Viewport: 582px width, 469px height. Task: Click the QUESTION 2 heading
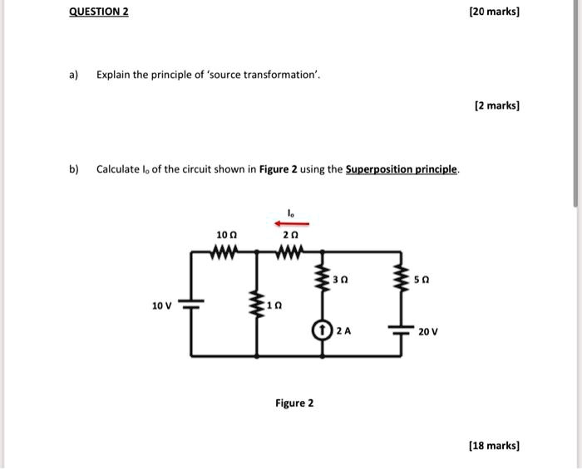click(x=98, y=12)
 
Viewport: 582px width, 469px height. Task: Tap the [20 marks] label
click(x=494, y=12)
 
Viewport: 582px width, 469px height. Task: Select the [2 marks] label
click(x=496, y=106)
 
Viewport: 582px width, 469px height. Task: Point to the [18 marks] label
click(x=494, y=446)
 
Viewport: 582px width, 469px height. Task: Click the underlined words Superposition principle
click(x=402, y=169)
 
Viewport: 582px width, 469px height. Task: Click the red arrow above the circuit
click(x=292, y=223)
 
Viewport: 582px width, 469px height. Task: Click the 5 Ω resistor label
click(x=423, y=281)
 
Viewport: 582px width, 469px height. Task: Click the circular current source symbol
click(x=322, y=330)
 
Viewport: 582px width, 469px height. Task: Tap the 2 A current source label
click(x=343, y=330)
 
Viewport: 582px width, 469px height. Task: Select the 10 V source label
click(x=161, y=305)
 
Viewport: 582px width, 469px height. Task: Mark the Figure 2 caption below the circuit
click(x=294, y=403)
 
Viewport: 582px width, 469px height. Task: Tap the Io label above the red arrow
click(x=291, y=213)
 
